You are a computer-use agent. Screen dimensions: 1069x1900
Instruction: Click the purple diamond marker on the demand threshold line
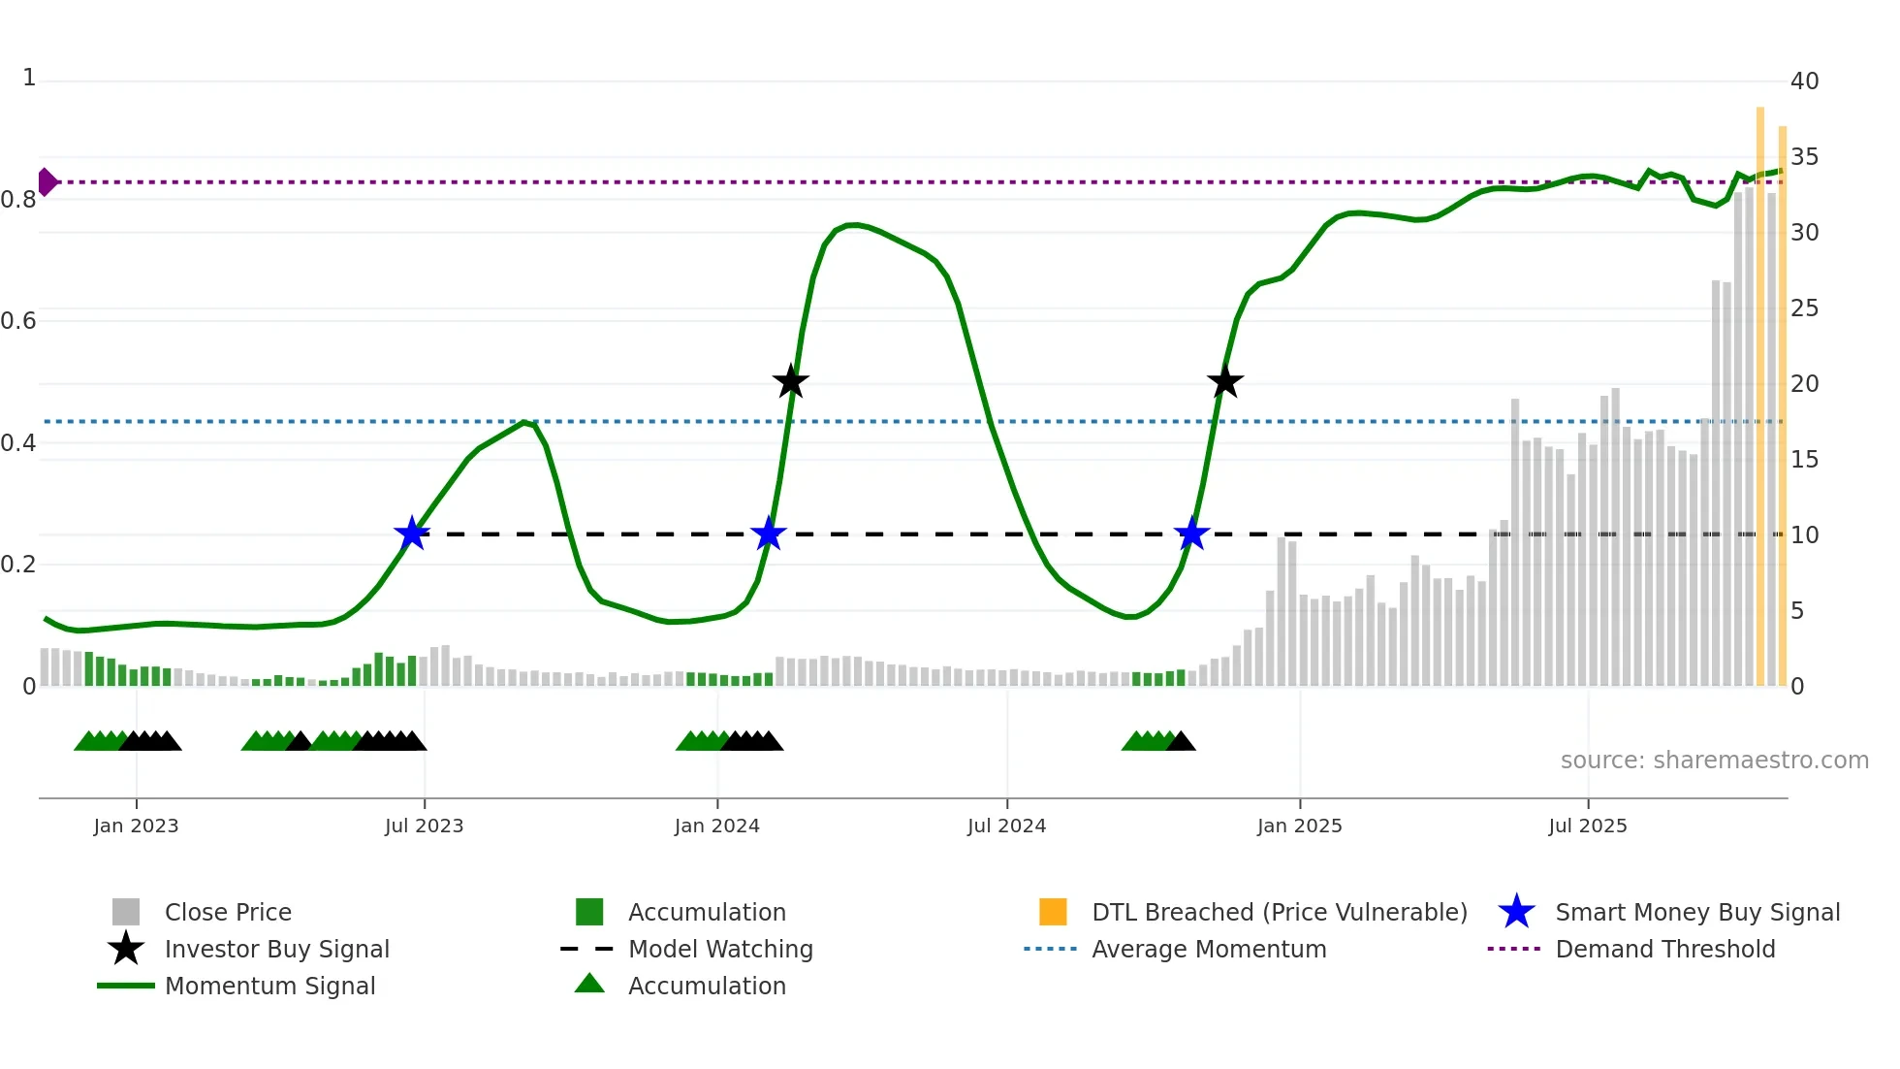point(47,181)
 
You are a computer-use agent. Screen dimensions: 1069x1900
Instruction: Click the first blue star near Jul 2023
point(412,534)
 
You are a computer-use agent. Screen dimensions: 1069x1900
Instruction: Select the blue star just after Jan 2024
point(769,534)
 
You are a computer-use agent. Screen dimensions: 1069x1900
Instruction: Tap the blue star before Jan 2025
point(1191,534)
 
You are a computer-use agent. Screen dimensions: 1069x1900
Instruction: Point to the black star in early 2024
point(791,382)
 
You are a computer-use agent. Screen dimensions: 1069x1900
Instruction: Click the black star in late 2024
point(1225,382)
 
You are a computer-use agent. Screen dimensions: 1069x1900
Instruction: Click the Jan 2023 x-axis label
point(136,826)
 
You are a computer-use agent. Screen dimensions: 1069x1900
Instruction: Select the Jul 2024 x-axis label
point(1006,826)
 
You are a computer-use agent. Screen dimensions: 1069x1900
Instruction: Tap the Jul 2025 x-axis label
point(1587,826)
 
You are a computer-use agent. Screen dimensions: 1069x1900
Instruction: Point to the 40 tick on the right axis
point(1804,81)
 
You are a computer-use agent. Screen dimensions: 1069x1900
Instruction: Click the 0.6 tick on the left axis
point(18,321)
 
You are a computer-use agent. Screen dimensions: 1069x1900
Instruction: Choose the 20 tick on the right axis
point(1804,384)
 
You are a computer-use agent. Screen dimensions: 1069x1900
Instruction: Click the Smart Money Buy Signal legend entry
point(1696,912)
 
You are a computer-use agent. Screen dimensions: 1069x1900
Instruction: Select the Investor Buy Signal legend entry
point(276,949)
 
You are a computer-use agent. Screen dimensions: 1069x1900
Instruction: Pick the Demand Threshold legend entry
point(1664,949)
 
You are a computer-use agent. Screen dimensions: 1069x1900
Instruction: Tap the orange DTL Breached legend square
point(1053,912)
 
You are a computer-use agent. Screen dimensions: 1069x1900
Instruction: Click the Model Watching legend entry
point(720,949)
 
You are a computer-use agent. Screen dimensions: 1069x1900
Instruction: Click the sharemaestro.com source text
point(1714,761)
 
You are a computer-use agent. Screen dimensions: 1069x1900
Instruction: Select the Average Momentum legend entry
point(1208,949)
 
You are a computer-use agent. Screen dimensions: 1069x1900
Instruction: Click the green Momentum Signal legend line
point(126,986)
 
